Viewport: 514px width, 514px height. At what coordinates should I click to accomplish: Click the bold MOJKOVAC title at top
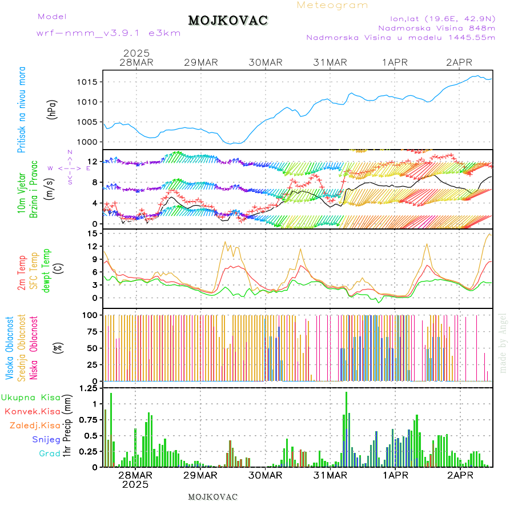coord(228,21)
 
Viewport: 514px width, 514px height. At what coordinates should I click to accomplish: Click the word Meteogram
coord(332,5)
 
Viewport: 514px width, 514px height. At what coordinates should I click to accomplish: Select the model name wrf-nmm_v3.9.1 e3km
coord(109,33)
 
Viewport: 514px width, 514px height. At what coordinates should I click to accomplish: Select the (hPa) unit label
coord(53,109)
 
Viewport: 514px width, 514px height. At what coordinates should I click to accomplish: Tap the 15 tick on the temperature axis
coord(91,233)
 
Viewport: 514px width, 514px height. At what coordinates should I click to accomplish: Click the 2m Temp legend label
coord(22,273)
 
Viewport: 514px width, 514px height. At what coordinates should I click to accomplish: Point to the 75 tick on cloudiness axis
coord(90,331)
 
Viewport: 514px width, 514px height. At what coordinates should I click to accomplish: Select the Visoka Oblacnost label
coord(10,347)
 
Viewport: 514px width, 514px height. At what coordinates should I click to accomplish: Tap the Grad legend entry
coord(49,453)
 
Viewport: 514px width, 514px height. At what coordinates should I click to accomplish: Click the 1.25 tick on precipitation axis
coord(88,389)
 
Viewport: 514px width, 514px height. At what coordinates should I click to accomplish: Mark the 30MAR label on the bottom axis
coord(265,475)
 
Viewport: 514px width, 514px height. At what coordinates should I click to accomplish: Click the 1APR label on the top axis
coord(395,62)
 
